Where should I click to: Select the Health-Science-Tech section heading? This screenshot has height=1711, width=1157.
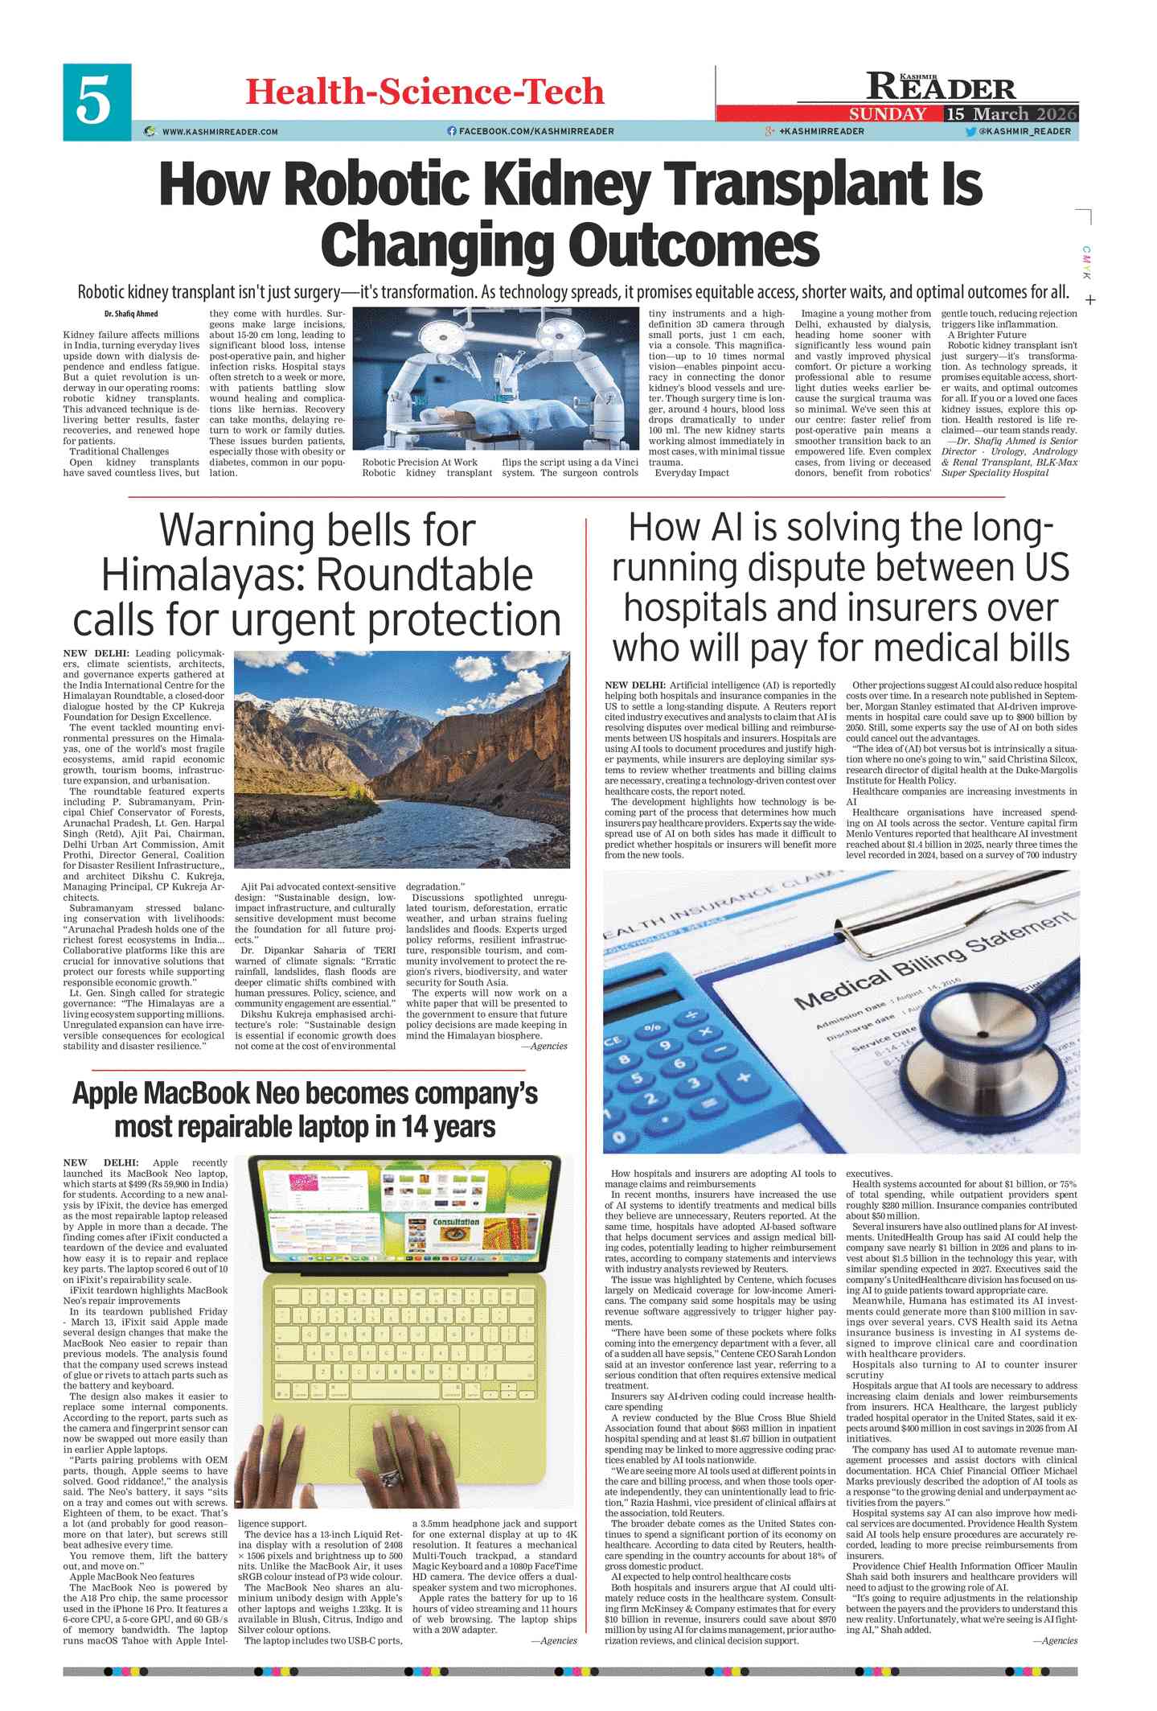coord(424,92)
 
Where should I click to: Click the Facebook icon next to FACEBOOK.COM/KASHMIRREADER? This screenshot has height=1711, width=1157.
coord(452,131)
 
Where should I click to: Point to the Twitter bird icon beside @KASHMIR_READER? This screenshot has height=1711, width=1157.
coord(970,131)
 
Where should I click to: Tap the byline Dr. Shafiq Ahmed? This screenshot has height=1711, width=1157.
coord(130,314)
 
